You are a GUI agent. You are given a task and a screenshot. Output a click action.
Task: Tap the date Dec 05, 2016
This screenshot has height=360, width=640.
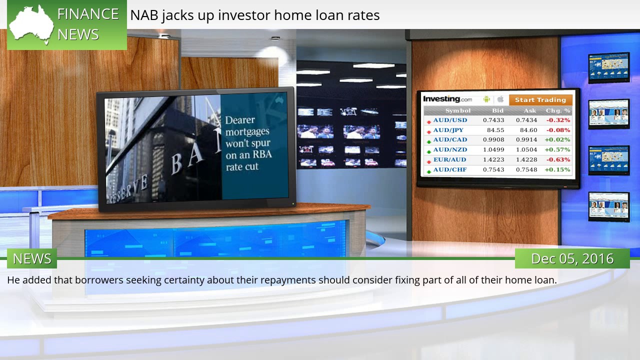(x=572, y=258)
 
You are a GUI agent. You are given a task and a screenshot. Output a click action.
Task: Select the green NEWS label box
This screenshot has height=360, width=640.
(x=32, y=258)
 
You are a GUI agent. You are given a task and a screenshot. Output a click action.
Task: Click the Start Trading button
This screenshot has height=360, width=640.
(x=540, y=100)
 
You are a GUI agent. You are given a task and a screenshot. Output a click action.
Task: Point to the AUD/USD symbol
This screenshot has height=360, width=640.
(x=450, y=120)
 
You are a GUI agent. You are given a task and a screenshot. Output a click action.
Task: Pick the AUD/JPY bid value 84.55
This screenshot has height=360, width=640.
(x=495, y=130)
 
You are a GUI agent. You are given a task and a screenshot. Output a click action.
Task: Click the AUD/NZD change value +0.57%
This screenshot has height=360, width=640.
(x=557, y=149)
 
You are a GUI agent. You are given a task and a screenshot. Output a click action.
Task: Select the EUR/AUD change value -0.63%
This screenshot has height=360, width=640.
(x=558, y=159)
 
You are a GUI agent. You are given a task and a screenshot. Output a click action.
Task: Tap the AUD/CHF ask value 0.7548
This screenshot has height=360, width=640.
(x=526, y=169)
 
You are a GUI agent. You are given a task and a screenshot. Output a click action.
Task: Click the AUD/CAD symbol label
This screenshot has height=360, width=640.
(x=450, y=139)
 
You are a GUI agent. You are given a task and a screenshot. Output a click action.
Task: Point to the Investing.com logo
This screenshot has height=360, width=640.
(x=447, y=99)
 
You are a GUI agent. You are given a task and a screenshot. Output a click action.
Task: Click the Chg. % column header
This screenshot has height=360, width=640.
(x=558, y=110)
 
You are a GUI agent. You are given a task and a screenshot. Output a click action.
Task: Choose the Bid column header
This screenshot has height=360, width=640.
(x=498, y=110)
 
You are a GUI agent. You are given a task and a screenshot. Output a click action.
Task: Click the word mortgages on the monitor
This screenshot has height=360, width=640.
(x=247, y=132)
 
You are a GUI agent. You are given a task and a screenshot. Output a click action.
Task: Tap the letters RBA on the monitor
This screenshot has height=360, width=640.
(x=261, y=154)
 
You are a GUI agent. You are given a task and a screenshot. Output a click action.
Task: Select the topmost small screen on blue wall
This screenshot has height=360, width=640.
(x=608, y=67)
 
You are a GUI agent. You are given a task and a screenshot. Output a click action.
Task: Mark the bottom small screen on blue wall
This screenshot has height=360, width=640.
(x=608, y=206)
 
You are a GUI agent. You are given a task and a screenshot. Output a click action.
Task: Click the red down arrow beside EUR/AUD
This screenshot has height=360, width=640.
(x=429, y=161)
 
